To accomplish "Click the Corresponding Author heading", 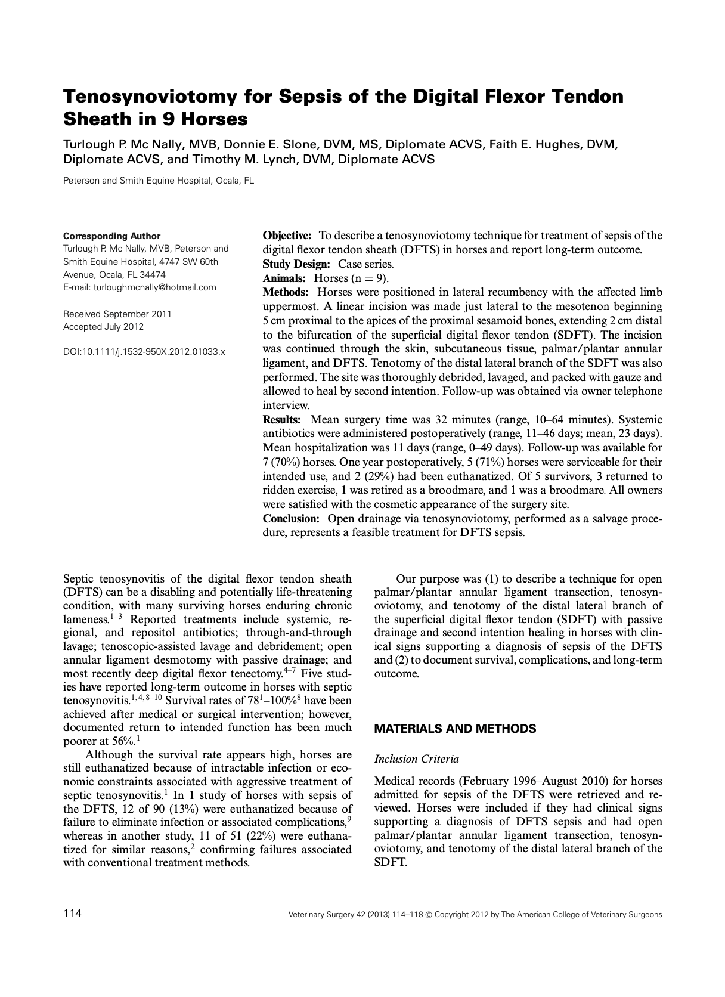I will coord(111,236).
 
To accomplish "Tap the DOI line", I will coord(144,352).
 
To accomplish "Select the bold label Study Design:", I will coord(296,264).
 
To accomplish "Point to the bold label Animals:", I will coord(284,278).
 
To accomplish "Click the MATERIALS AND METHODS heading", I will coord(455,729).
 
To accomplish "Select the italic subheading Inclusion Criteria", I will coord(416,759).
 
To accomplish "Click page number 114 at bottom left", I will coord(72,914).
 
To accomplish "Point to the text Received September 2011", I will coord(117,314).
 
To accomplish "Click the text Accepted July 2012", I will coord(103,327).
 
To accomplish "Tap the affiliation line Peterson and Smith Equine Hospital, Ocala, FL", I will coord(159,181).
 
